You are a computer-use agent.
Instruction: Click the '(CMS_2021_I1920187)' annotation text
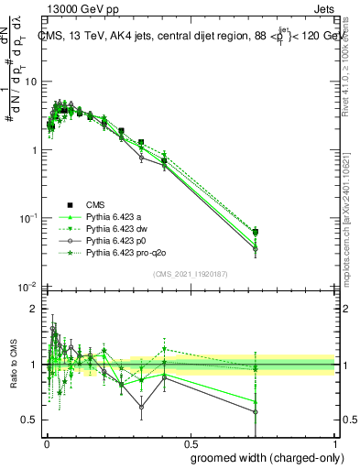tap(190, 274)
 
